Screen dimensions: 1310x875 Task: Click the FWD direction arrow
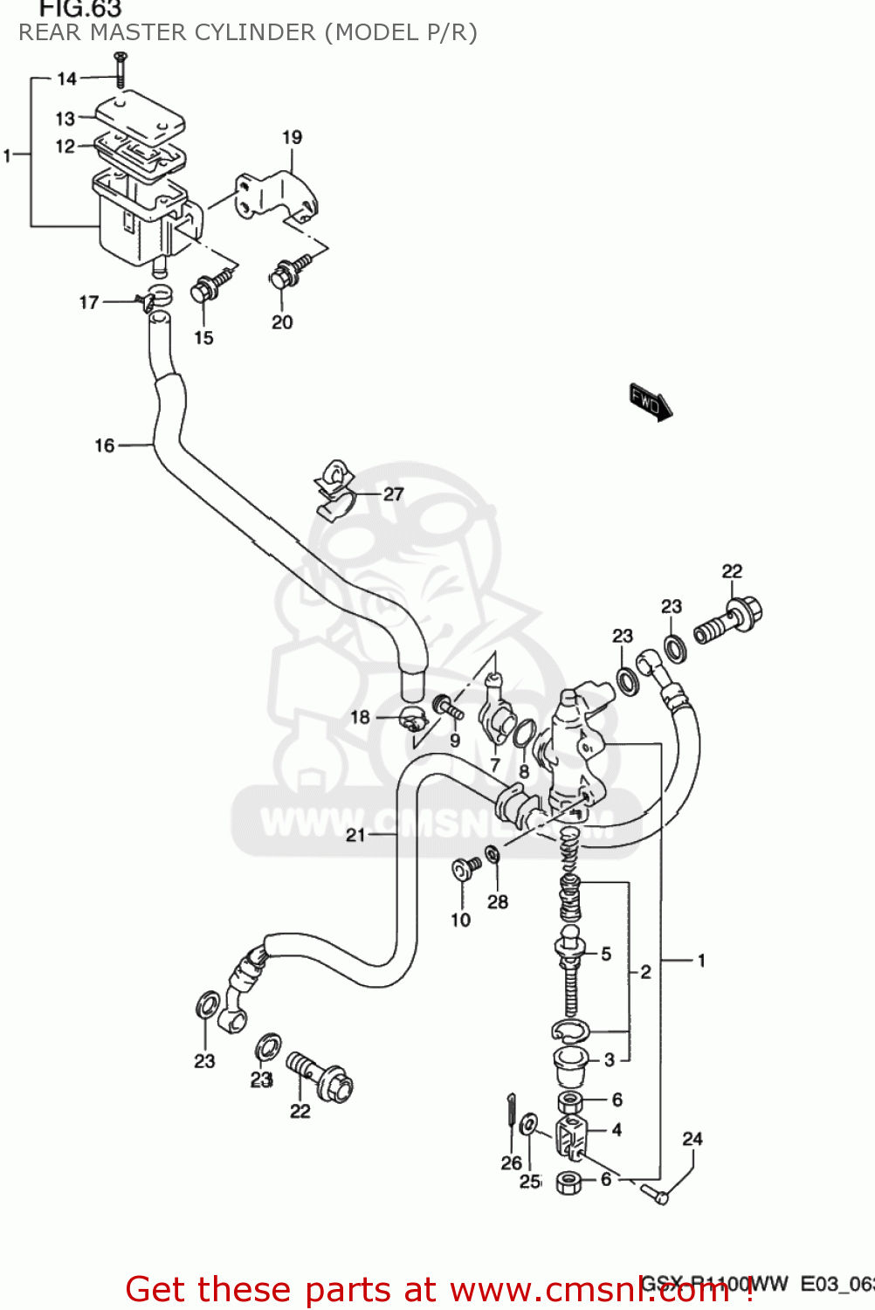[651, 402]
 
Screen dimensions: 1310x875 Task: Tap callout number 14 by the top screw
[67, 79]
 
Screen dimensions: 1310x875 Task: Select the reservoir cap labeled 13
[140, 119]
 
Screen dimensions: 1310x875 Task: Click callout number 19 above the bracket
[292, 137]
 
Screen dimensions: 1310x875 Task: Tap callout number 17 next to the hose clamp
[88, 302]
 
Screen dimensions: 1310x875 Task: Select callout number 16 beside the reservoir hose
[104, 445]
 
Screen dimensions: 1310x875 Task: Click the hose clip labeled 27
[335, 492]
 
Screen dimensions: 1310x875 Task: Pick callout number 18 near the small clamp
[360, 717]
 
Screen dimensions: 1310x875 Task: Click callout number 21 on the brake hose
[355, 835]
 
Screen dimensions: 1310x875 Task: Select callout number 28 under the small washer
[497, 901]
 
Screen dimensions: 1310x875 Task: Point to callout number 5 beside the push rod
[606, 954]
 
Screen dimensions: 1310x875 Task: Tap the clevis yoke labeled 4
[571, 1133]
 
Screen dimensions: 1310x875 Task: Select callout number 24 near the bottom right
[692, 1139]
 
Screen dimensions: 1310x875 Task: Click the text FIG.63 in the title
[79, 10]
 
